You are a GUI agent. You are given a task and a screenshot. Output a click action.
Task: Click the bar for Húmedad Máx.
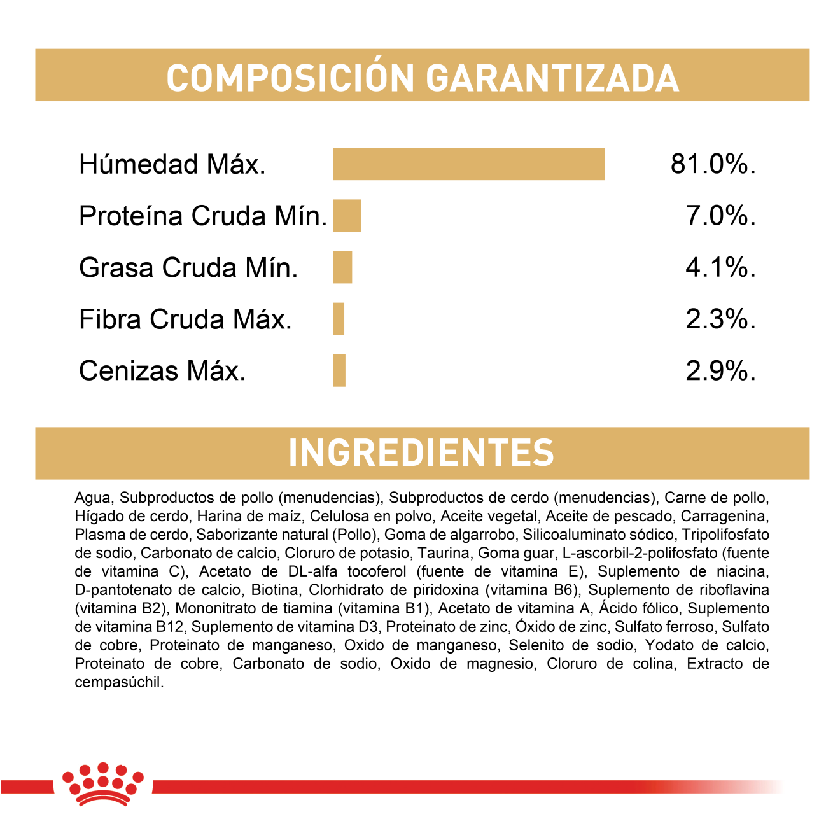tap(468, 164)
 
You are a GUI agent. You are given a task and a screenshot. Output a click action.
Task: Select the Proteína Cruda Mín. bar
tap(347, 216)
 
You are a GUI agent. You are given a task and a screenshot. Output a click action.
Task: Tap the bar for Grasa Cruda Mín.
tap(342, 267)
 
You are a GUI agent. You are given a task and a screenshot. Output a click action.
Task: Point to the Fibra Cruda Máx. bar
tap(339, 319)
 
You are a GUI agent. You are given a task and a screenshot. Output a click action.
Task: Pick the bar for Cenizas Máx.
tap(339, 370)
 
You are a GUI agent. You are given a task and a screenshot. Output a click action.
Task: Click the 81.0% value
tap(713, 164)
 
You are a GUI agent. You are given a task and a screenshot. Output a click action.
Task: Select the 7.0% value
tap(720, 216)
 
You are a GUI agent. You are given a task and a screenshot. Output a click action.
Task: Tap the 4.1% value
tap(720, 267)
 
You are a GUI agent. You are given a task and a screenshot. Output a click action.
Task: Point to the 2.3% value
tap(720, 319)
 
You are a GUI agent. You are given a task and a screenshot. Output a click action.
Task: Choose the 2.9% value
tap(720, 370)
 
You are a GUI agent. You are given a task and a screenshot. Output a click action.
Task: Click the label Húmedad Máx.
tap(172, 164)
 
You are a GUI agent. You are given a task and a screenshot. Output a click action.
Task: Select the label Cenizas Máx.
tap(162, 370)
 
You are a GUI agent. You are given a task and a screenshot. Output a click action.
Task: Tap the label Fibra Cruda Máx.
tap(185, 319)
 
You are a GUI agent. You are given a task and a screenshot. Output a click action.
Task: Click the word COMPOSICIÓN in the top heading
tap(290, 78)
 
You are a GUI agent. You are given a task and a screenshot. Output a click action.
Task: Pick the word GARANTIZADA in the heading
tap(552, 78)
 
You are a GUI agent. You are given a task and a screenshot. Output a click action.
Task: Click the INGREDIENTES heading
tap(421, 452)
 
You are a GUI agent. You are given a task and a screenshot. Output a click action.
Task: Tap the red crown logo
tap(102, 784)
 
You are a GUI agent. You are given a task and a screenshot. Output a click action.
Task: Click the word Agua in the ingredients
tap(93, 498)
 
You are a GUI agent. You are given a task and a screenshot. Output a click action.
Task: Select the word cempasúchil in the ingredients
tap(118, 682)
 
